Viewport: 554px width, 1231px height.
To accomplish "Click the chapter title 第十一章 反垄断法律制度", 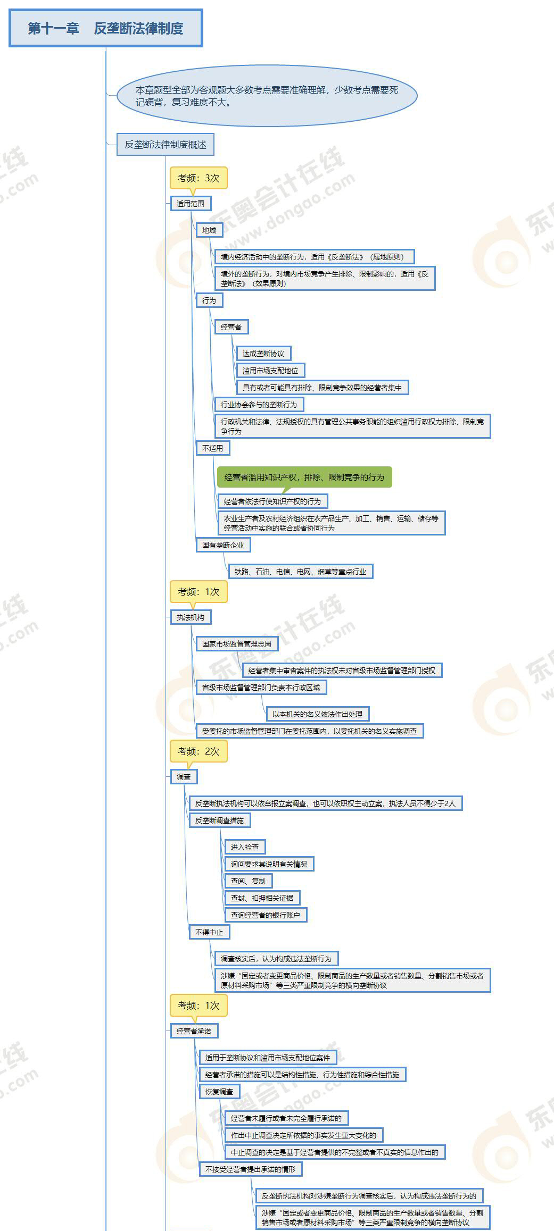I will (105, 28).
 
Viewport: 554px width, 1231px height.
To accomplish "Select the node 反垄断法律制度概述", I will (166, 145).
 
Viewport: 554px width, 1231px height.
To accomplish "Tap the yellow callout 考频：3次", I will (199, 178).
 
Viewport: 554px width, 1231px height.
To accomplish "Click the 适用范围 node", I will (191, 204).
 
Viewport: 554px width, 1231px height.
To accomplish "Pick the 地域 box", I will (209, 230).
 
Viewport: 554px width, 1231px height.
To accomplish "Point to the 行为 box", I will (209, 300).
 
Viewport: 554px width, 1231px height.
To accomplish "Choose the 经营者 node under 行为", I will (231, 327).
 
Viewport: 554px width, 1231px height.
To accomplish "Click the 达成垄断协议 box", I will (263, 354).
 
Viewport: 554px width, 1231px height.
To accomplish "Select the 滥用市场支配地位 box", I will (270, 371).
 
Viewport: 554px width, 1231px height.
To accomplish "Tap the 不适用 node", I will (213, 448).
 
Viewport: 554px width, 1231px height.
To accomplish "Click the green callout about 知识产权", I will (304, 478).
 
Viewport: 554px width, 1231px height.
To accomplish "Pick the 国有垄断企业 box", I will (223, 545).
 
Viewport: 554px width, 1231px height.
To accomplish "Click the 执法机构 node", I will (191, 617).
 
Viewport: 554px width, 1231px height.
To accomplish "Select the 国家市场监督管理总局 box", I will (237, 644).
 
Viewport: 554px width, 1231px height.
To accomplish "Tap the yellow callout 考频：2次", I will (199, 751).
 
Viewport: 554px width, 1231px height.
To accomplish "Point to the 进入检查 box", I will (245, 847).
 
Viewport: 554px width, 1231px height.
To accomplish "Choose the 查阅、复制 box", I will (248, 881).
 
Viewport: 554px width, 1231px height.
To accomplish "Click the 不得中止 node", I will (209, 932).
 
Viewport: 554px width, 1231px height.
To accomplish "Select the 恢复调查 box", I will (219, 1092).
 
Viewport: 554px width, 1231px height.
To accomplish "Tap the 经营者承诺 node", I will (194, 1031).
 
